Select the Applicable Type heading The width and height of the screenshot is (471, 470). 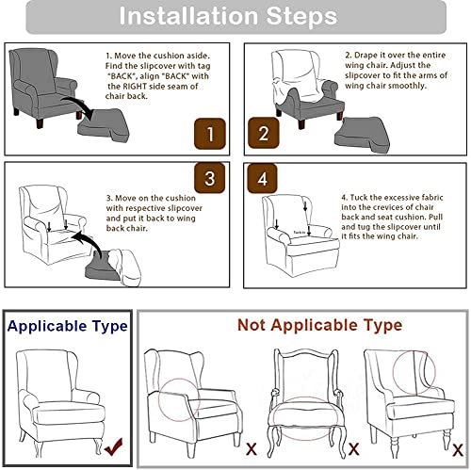[x=67, y=326]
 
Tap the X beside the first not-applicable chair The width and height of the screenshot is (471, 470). [x=251, y=447]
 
